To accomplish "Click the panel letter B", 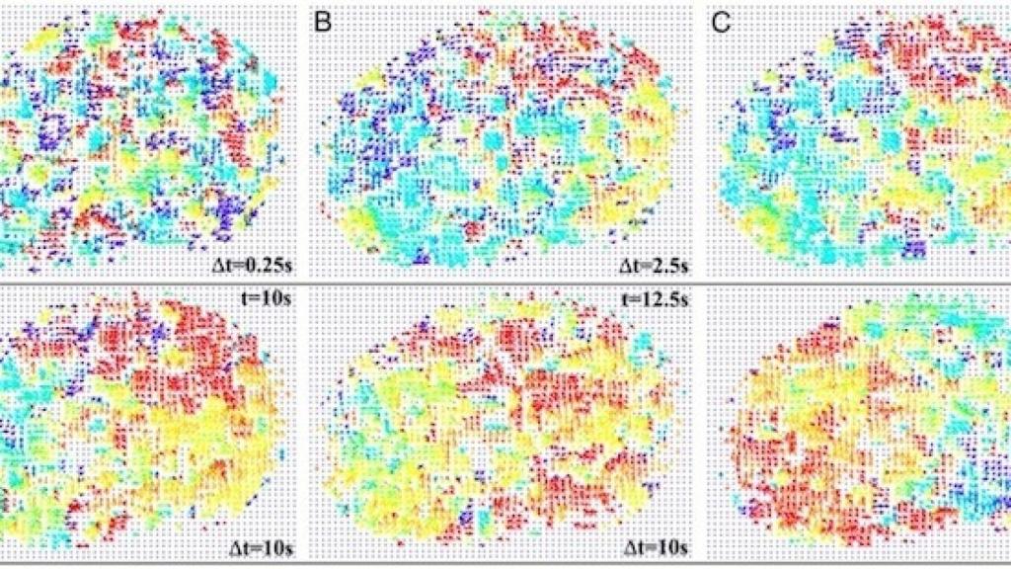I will point(322,21).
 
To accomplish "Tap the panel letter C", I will point(722,21).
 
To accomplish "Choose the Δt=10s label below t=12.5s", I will point(652,546).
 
